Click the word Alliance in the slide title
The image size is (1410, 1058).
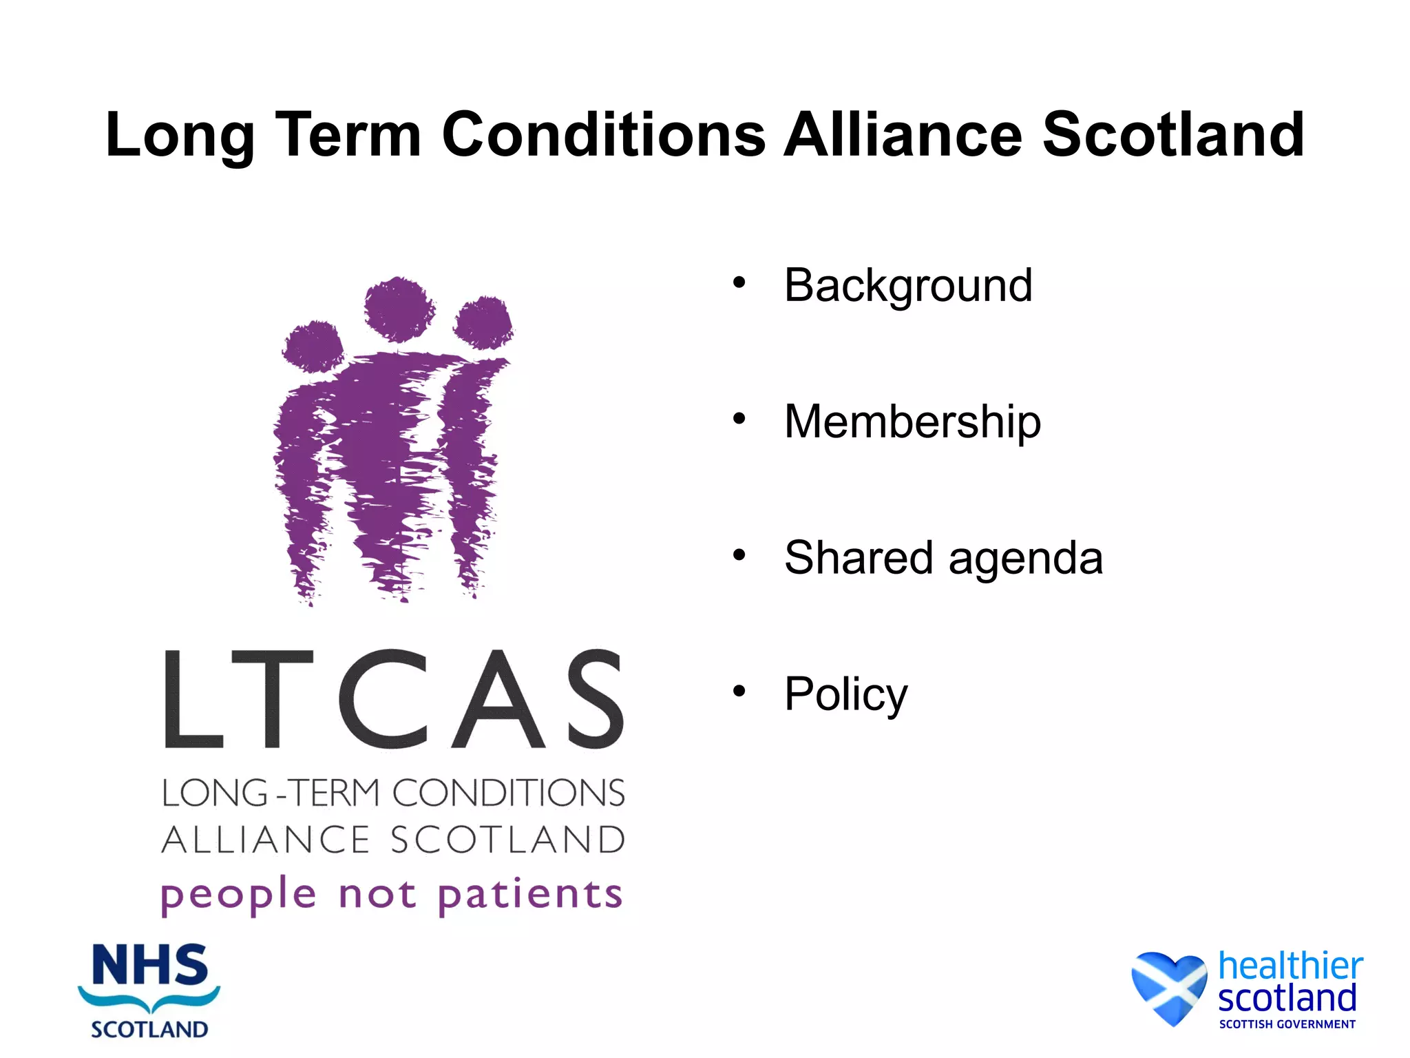[x=903, y=134]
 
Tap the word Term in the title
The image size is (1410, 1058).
[x=348, y=134]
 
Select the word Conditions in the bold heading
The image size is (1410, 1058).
[x=603, y=134]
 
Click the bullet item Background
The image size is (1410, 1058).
[x=908, y=286]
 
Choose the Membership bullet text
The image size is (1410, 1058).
[x=912, y=422]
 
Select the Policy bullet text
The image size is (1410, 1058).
[x=845, y=694]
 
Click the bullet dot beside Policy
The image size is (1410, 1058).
[x=739, y=691]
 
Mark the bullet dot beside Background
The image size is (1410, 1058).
[x=739, y=282]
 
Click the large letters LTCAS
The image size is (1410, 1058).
[x=394, y=699]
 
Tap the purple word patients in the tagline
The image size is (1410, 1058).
[x=530, y=895]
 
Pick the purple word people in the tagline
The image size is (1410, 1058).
[x=238, y=895]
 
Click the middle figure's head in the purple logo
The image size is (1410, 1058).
[x=399, y=309]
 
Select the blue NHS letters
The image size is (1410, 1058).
[x=149, y=966]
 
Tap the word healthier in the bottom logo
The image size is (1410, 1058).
[x=1290, y=966]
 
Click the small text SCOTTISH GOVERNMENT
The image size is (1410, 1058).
[x=1287, y=1024]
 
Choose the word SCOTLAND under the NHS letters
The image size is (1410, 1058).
[x=149, y=1030]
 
